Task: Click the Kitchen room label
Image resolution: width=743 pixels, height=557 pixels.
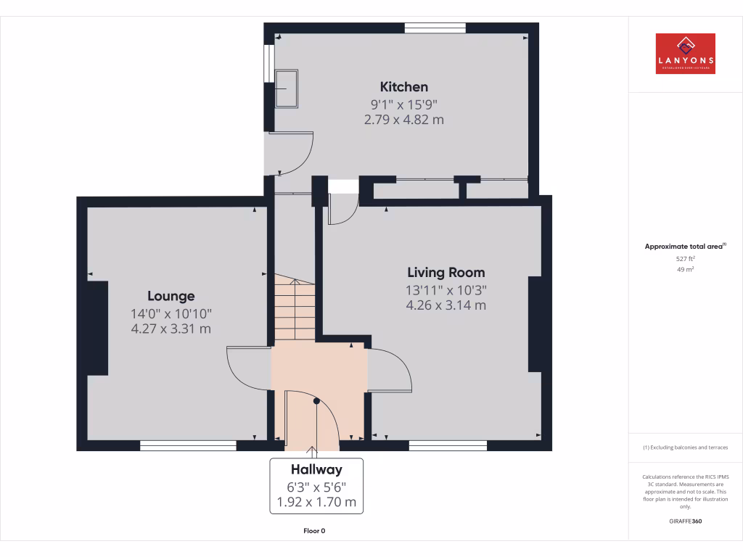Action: click(404, 87)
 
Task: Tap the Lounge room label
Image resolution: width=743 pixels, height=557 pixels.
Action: click(171, 296)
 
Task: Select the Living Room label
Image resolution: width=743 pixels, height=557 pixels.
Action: click(446, 273)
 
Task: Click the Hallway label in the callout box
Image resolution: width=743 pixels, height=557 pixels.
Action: click(316, 469)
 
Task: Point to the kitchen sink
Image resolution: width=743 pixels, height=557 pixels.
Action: click(286, 88)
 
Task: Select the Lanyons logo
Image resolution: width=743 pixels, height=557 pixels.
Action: click(685, 54)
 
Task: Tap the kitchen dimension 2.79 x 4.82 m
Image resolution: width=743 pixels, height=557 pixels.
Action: click(404, 120)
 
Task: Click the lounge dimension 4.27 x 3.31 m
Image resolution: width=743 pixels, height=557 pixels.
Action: click(171, 329)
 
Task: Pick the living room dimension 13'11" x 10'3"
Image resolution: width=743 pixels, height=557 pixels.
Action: click(446, 290)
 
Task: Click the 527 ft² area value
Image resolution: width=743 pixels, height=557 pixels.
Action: click(685, 258)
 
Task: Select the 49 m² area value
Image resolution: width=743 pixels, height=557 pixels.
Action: click(685, 269)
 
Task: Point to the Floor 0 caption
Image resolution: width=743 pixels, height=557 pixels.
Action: click(314, 531)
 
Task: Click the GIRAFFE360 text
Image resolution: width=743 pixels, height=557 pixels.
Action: click(685, 521)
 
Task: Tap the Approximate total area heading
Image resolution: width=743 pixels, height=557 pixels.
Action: click(685, 247)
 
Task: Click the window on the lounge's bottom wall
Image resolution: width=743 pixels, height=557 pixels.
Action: click(188, 445)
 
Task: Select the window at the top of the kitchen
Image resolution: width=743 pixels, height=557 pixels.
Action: click(435, 28)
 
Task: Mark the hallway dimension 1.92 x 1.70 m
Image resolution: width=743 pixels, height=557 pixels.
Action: click(316, 502)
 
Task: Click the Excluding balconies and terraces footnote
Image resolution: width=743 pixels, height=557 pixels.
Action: click(685, 447)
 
